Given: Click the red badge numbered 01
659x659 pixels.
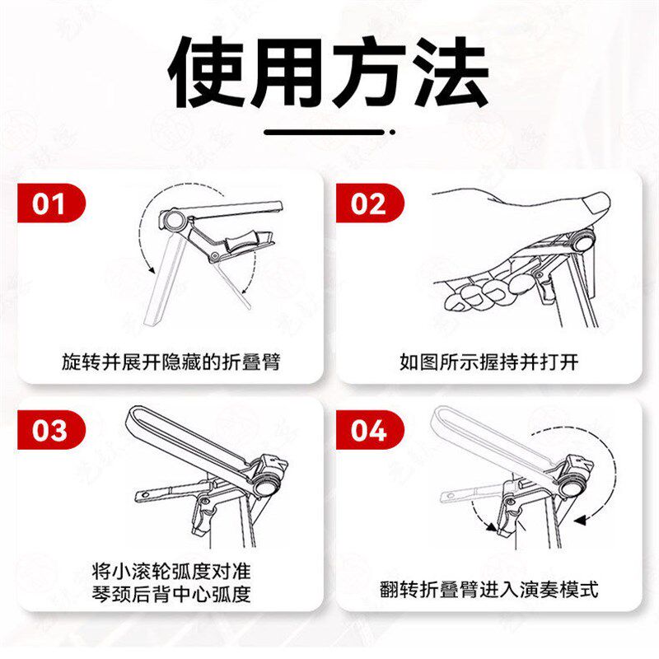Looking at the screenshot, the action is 51,203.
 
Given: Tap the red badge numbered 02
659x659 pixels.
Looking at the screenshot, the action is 369,203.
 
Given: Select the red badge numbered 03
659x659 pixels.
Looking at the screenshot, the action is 51,430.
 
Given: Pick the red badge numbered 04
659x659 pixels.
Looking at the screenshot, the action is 369,430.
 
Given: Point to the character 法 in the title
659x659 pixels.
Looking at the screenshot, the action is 451,72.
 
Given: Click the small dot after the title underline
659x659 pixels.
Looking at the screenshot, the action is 392,132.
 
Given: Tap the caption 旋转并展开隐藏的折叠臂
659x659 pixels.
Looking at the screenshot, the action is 171,362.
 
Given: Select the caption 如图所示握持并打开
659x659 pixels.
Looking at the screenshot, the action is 489,362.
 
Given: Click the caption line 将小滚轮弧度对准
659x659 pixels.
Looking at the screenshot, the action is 171,571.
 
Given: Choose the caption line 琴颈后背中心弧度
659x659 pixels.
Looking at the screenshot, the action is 171,594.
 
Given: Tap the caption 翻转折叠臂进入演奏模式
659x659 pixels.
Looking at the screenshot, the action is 488,589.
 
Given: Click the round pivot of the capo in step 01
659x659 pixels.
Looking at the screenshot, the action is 173,220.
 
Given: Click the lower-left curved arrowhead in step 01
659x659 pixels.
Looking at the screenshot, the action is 151,270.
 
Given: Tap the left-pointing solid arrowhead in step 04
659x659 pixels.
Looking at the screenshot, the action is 580,521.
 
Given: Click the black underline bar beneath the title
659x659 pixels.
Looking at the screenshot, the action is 324,132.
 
